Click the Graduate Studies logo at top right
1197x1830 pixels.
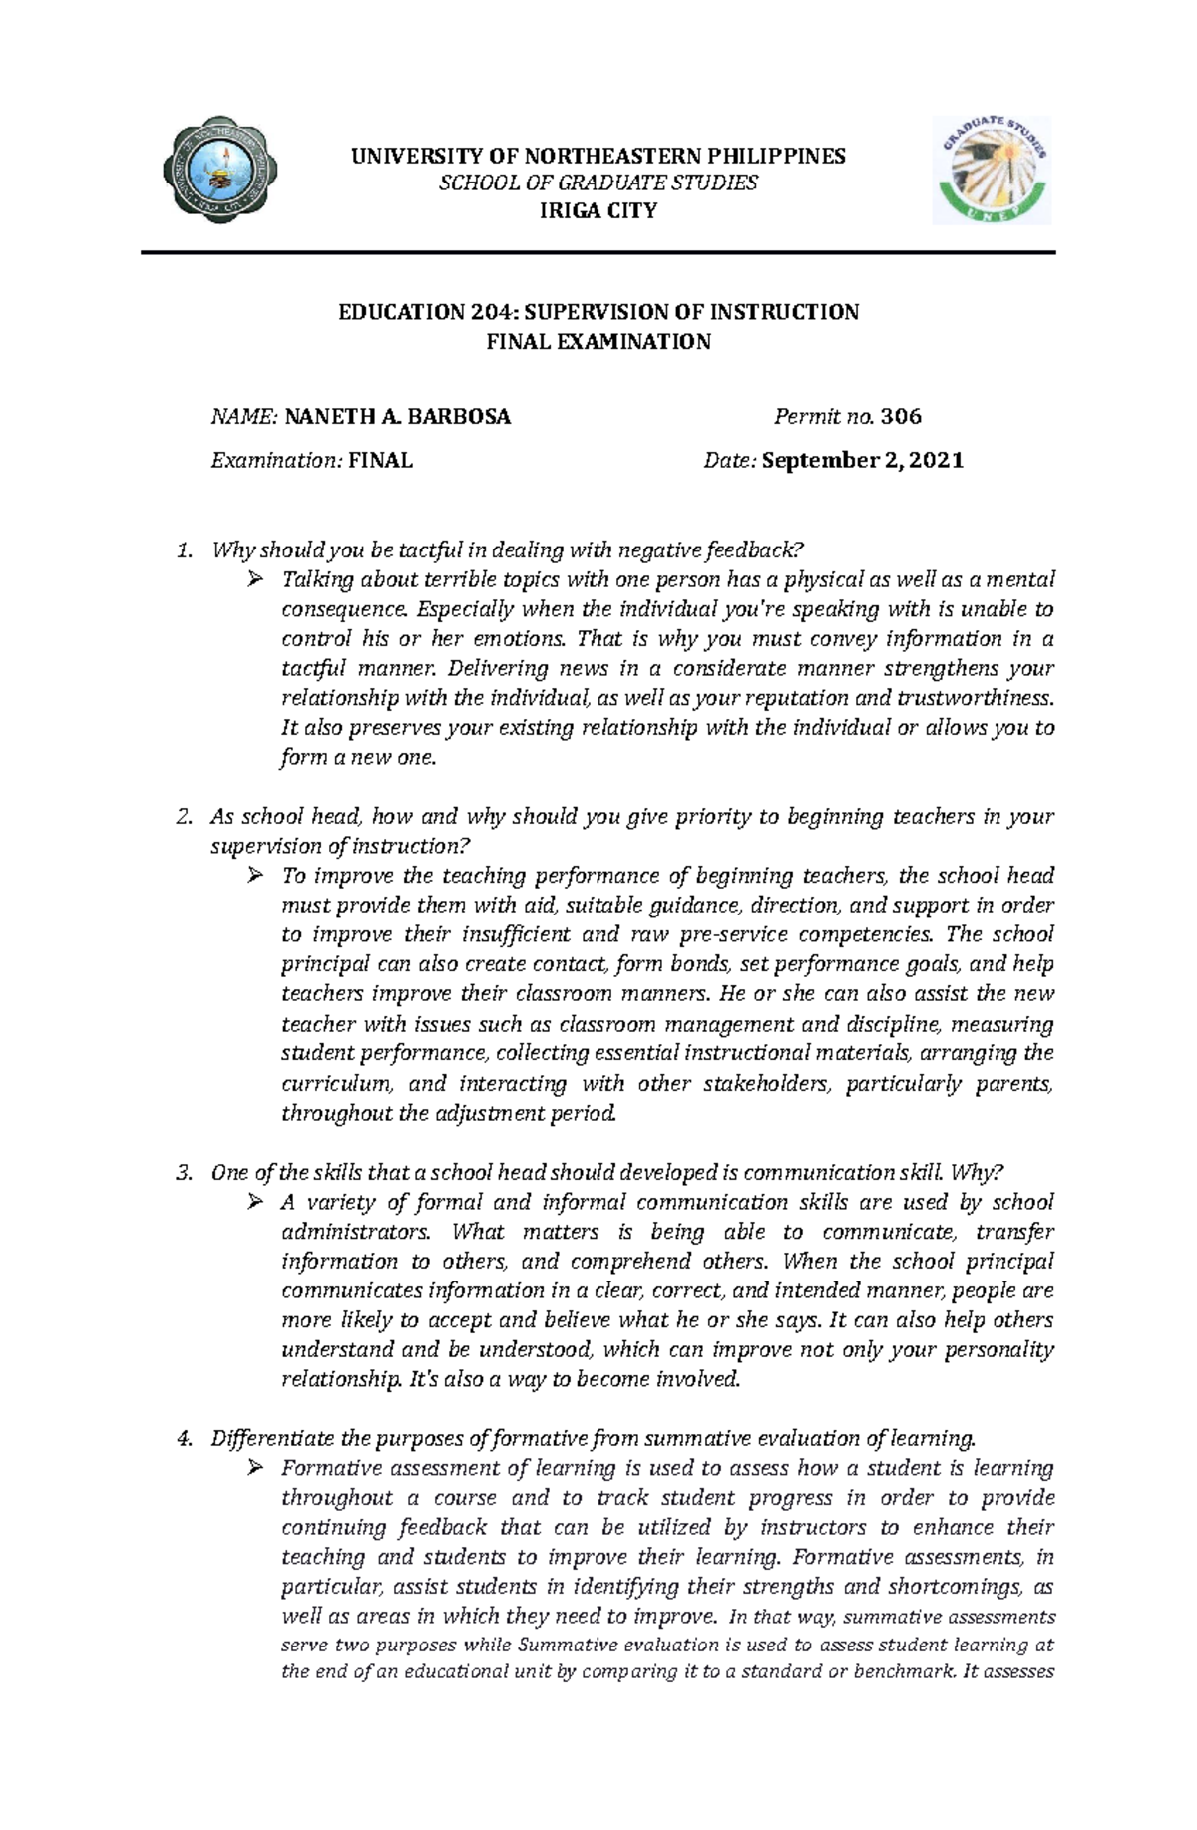point(991,170)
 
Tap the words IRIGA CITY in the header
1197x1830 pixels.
point(598,210)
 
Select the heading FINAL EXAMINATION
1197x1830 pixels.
point(598,342)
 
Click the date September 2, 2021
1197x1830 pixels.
point(863,460)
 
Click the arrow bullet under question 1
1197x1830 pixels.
point(255,579)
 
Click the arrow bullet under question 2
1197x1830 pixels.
point(255,876)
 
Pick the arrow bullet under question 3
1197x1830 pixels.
point(255,1202)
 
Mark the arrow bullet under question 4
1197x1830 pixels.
point(255,1468)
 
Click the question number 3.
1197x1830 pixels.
point(182,1172)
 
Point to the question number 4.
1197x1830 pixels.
point(182,1438)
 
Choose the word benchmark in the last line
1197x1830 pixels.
point(901,1671)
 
